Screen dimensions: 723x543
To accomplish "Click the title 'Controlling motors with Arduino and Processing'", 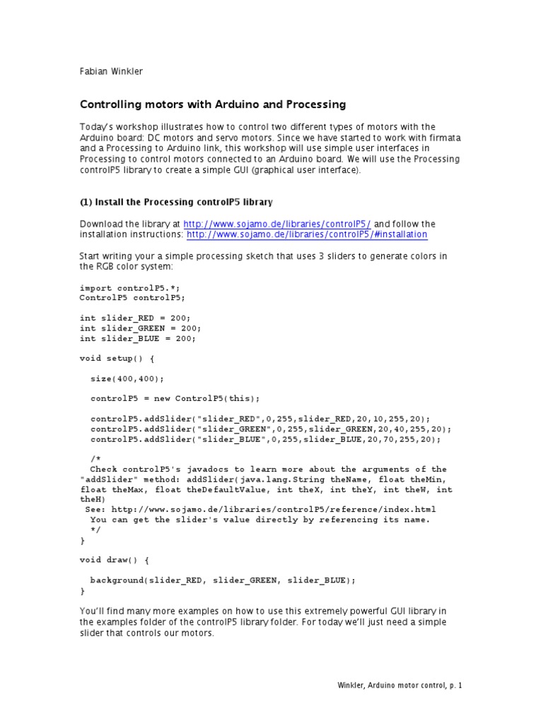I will point(213,104).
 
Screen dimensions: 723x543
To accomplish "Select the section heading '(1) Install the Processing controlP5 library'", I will point(176,202).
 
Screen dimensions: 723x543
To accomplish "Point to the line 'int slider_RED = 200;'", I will point(136,318).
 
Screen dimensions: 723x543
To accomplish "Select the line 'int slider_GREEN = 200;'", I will point(141,328).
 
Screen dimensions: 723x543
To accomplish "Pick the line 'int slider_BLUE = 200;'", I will point(138,338).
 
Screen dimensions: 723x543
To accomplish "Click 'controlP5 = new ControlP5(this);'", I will point(175,398).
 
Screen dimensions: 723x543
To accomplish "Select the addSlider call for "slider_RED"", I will point(260,419).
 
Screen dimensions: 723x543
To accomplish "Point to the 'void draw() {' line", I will point(115,560).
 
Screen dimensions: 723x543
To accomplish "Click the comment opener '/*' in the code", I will point(96,459).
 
